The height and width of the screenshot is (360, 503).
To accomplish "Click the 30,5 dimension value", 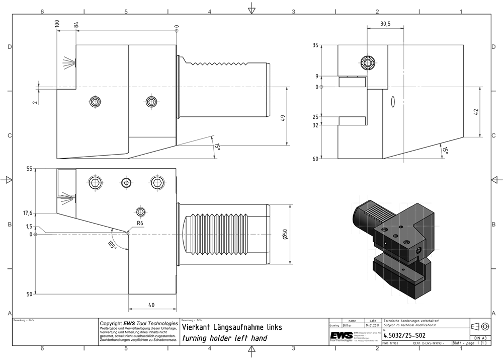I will pos(386,24).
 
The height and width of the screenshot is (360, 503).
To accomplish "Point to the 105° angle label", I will pos(112,245).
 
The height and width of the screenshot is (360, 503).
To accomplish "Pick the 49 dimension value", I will pos(283,118).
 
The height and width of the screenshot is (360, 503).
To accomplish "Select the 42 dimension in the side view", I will pos(476,112).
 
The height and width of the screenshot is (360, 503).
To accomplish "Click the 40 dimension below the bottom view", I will pos(151,305).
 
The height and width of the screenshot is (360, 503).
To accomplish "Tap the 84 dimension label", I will pos(76,25).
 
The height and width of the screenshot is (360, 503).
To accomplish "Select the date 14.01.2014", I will pos(372,326).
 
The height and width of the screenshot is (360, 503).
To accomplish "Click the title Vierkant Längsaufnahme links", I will pos(231,327).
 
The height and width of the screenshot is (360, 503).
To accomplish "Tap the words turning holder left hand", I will pos(224,338).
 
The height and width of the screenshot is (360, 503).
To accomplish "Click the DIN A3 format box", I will pos(480,338).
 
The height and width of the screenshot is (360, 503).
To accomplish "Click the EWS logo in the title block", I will pos(341,336).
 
